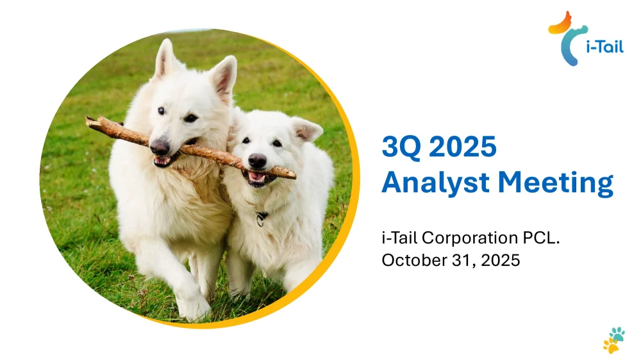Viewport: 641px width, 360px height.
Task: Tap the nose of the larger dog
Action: (x=159, y=147)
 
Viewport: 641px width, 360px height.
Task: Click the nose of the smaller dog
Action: (x=257, y=160)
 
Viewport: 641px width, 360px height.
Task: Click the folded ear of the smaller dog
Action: (x=307, y=130)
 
